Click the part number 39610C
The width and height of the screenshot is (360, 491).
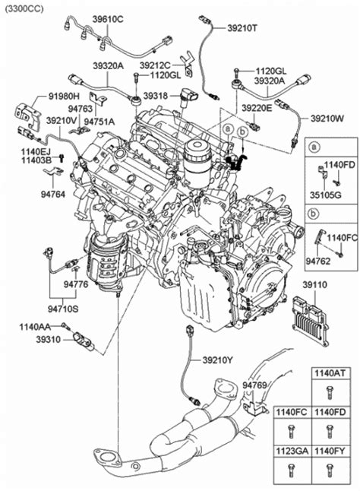(108, 20)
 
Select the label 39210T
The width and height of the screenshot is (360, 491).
(242, 28)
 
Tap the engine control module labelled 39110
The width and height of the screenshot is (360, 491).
(311, 322)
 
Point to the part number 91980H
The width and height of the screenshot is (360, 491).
(64, 96)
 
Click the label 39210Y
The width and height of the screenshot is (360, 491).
(217, 360)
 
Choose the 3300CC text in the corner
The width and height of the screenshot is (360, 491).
(24, 8)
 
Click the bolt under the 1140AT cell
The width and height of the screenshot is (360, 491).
(329, 393)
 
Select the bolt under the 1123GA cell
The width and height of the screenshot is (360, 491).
(291, 470)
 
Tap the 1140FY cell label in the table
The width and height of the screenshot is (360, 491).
(330, 451)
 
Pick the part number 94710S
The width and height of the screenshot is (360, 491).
(63, 309)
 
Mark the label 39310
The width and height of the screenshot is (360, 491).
(48, 340)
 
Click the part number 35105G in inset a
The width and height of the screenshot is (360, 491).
(325, 195)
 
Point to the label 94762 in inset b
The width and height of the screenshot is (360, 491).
(317, 261)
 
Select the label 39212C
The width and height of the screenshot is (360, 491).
(154, 65)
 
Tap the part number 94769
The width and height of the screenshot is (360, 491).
(255, 385)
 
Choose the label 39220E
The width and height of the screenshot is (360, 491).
(257, 108)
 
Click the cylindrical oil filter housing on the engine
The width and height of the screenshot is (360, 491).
(197, 163)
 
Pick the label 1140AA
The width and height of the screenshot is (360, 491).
(35, 327)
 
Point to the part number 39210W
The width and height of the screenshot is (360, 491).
(327, 119)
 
